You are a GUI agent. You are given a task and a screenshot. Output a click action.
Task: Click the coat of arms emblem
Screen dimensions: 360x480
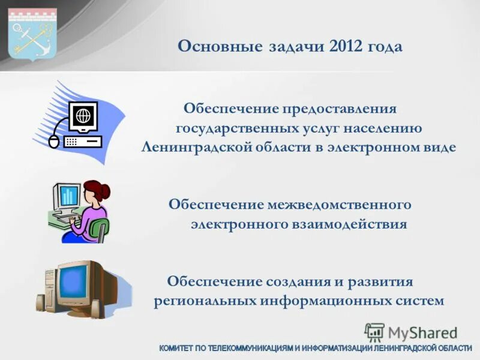click(x=32, y=34)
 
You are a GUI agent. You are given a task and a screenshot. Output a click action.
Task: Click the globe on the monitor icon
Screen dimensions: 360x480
click(x=84, y=114)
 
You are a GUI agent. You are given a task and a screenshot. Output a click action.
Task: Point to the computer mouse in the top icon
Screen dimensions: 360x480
click(x=54, y=142)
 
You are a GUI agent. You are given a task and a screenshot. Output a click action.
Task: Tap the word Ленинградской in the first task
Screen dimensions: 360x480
click(x=193, y=148)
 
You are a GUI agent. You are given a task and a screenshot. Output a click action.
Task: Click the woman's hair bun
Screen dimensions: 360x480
click(x=105, y=191)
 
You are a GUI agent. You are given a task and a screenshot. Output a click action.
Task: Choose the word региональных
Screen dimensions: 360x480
click(x=204, y=301)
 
